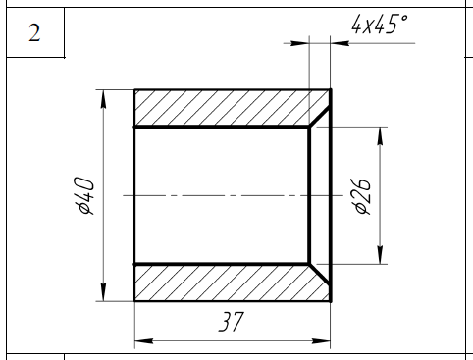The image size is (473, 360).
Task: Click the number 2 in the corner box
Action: click(34, 32)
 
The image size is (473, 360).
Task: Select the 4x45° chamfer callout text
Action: click(380, 24)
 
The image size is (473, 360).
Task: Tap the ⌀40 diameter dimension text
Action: click(84, 195)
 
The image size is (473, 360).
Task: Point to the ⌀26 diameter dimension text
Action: click(361, 196)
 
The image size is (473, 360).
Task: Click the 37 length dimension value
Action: click(232, 322)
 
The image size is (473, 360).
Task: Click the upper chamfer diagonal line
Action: click(320, 117)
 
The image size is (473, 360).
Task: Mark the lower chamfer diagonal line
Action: click(320, 274)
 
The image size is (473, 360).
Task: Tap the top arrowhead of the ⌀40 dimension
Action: click(103, 99)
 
